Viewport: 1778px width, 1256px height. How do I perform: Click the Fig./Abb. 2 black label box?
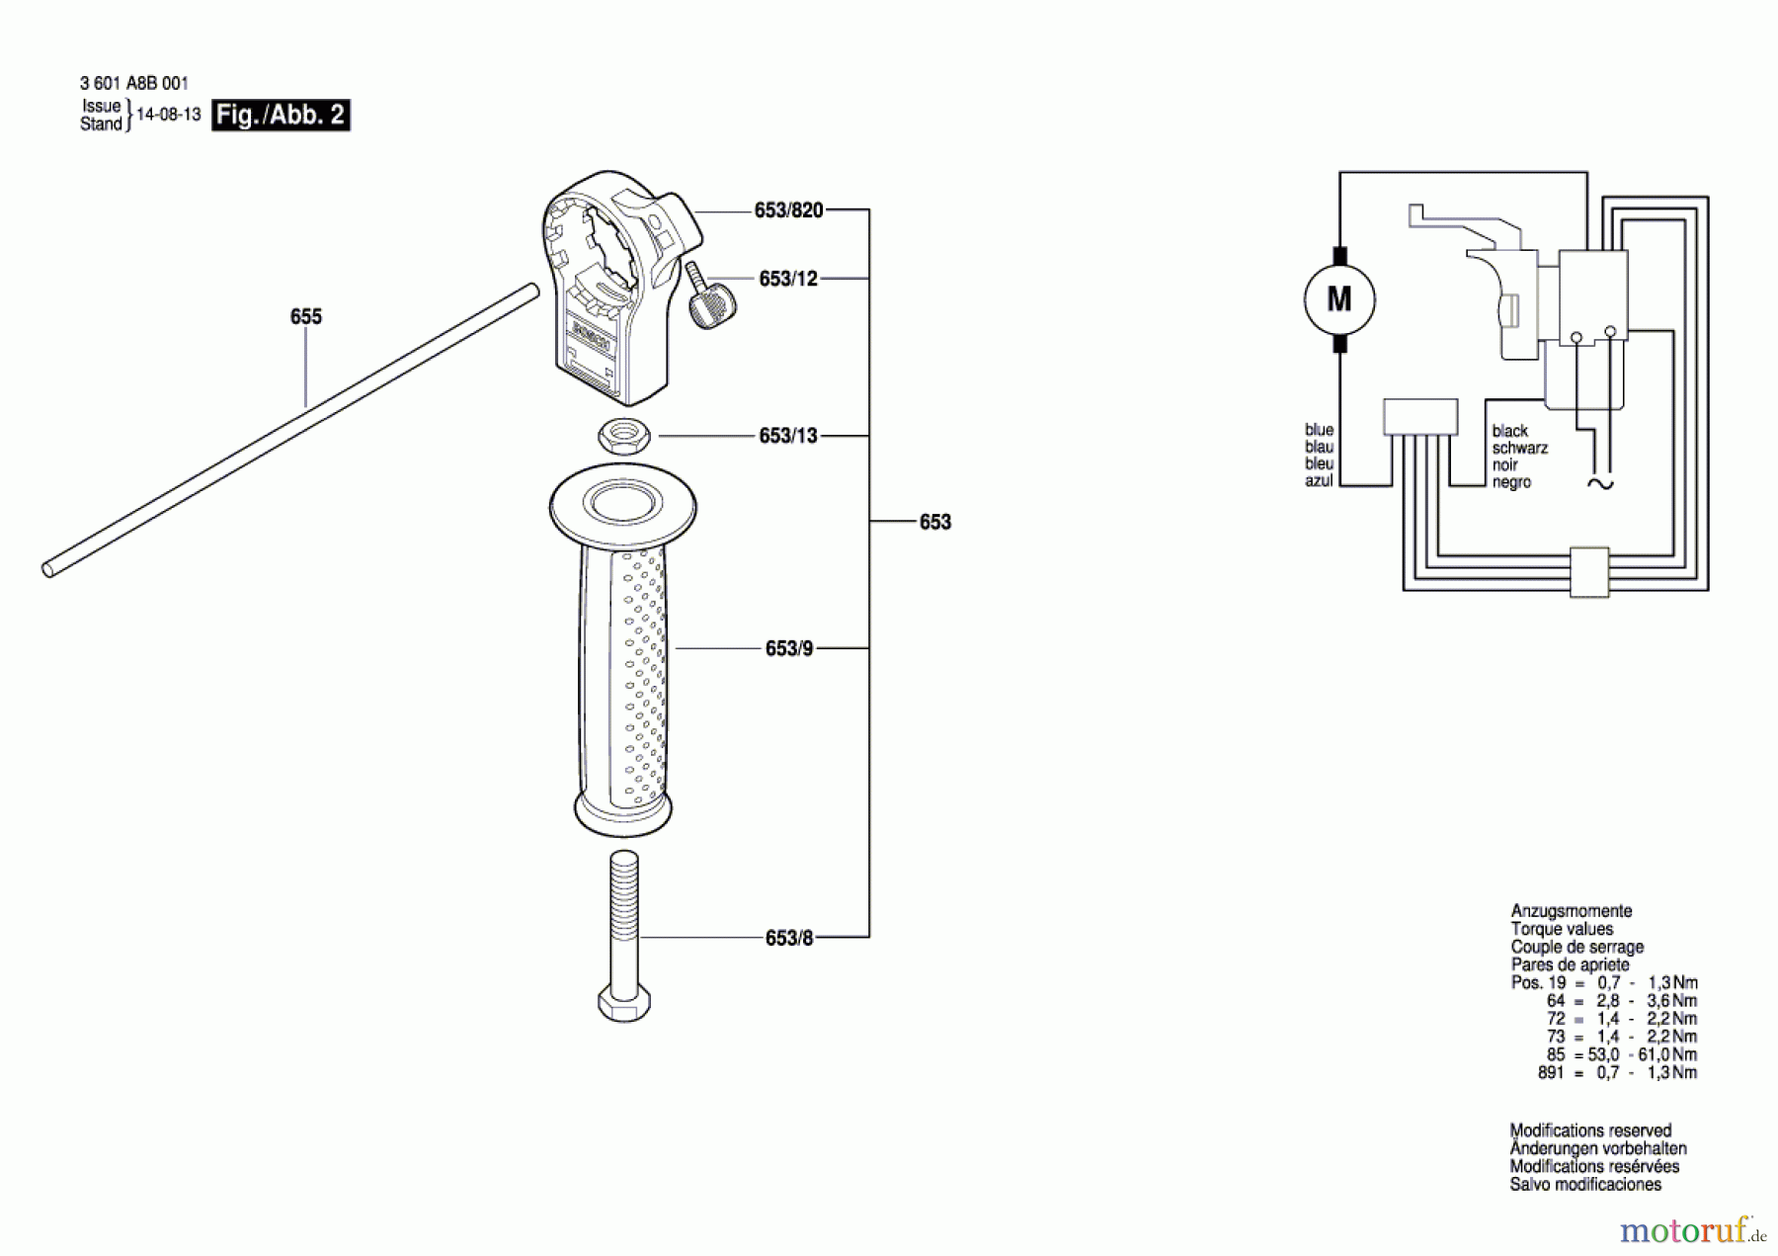point(281,115)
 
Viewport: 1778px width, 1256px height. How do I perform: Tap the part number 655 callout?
point(306,316)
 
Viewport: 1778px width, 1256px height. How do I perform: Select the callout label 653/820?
point(788,209)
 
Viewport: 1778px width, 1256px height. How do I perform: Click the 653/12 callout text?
point(788,279)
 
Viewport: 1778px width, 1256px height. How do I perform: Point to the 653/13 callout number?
point(788,436)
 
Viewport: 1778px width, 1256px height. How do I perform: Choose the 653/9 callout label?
point(789,648)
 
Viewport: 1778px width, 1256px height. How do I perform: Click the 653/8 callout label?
point(789,938)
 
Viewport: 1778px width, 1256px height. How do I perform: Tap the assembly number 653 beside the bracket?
point(934,522)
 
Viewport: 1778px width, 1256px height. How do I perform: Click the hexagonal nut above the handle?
point(623,435)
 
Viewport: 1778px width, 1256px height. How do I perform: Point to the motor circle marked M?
point(1339,298)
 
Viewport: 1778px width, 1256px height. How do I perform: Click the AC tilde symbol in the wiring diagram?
point(1599,483)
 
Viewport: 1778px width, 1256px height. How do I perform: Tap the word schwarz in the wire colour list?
point(1520,448)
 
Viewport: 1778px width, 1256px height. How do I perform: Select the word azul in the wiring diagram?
point(1319,481)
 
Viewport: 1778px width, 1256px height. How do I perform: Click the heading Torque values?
point(1562,929)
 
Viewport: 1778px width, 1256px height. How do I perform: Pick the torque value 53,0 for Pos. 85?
point(1603,1054)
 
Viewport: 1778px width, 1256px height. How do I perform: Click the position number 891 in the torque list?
point(1551,1072)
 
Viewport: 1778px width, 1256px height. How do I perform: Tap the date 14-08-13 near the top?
point(168,115)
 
